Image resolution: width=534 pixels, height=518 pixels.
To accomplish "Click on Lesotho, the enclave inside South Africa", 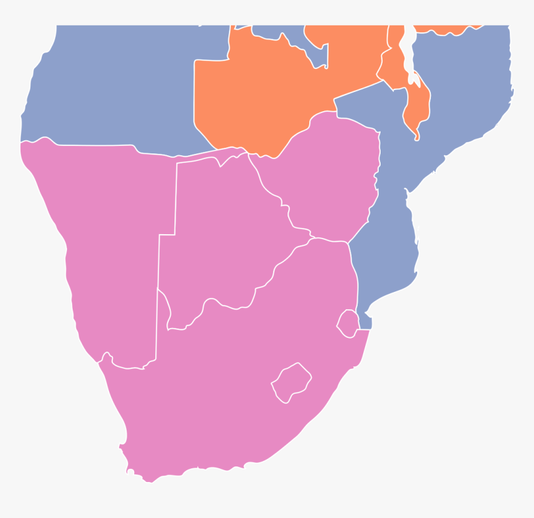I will tap(291, 382).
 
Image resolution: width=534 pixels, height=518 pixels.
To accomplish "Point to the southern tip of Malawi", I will tap(417, 137).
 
